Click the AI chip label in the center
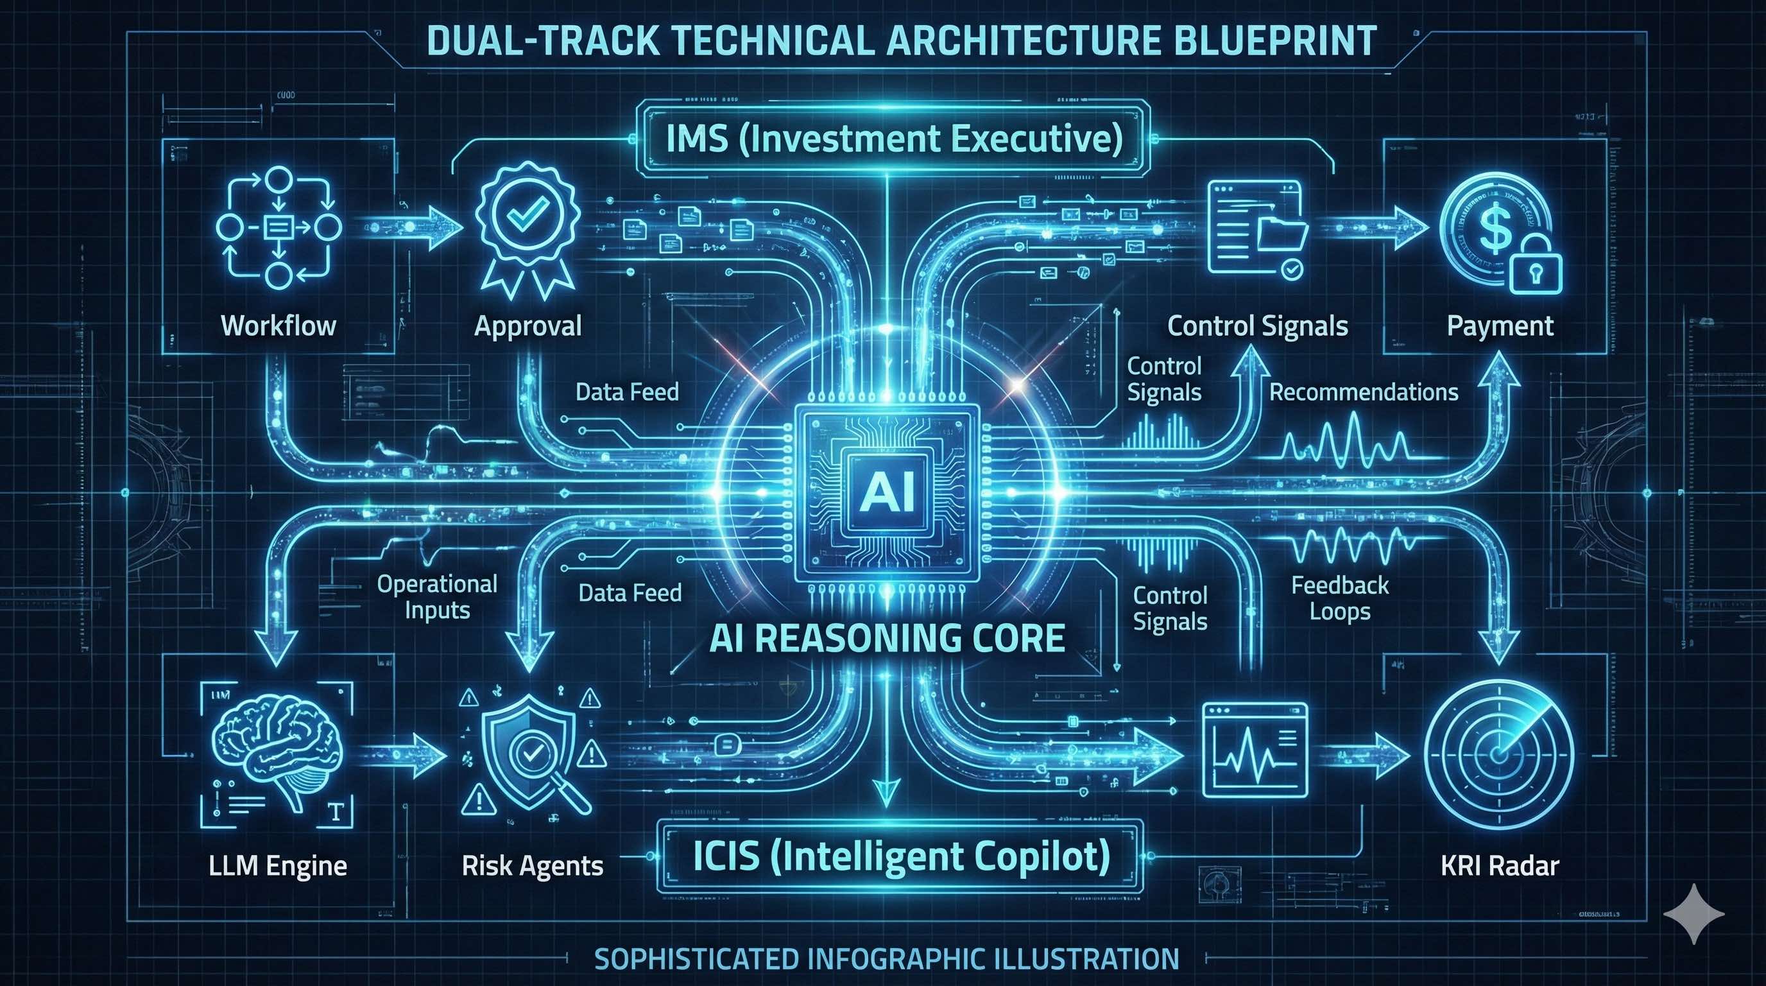[x=887, y=492]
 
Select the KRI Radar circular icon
[x=1498, y=754]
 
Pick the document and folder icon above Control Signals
[x=1255, y=229]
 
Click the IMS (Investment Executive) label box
[x=884, y=139]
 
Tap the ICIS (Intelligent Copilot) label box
[x=901, y=856]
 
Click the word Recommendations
[x=1364, y=392]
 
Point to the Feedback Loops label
[x=1340, y=598]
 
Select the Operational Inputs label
[x=437, y=596]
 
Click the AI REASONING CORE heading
[x=887, y=638]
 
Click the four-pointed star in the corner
[x=1693, y=914]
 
